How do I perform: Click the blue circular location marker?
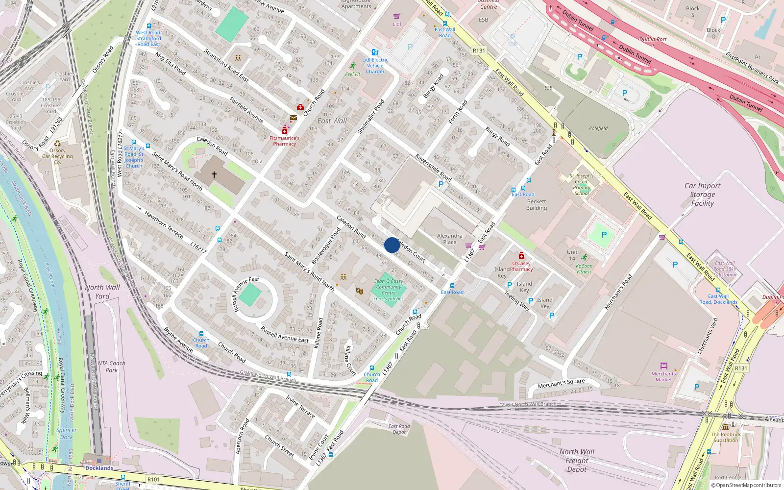pyautogui.click(x=392, y=245)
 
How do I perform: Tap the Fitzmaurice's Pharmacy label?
pyautogui.click(x=285, y=141)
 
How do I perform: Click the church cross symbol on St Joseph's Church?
pyautogui.click(x=214, y=174)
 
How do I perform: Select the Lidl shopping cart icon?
pyautogui.click(x=396, y=16)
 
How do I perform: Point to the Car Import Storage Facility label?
pyautogui.click(x=702, y=195)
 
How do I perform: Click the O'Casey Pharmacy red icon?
pyautogui.click(x=521, y=256)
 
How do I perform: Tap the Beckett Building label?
pyautogui.click(x=537, y=205)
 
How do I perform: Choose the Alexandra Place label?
pyautogui.click(x=449, y=239)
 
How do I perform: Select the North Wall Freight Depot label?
pyautogui.click(x=577, y=461)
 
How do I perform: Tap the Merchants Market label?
pyautogui.click(x=663, y=376)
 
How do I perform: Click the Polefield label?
pyautogui.click(x=598, y=128)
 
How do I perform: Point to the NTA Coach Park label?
pyautogui.click(x=111, y=367)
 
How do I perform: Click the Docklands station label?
pyautogui.click(x=99, y=468)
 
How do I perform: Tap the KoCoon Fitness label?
pyautogui.click(x=584, y=269)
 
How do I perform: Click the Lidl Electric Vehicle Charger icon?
pyautogui.click(x=375, y=52)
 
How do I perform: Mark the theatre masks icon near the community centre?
pyautogui.click(x=360, y=291)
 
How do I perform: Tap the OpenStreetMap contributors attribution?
pyautogui.click(x=746, y=486)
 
